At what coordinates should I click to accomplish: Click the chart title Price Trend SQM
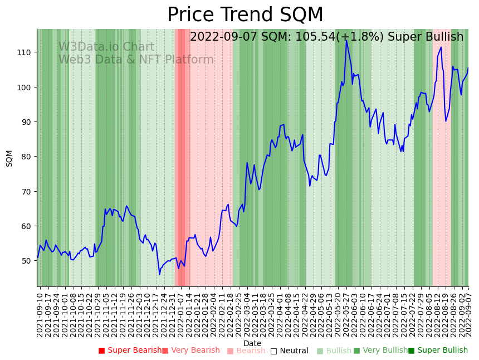pyautogui.click(x=245, y=15)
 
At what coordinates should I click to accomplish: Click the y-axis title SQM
pyautogui.click(x=9, y=158)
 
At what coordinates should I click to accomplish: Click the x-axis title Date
pyautogui.click(x=252, y=343)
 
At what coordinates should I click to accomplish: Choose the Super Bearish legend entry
pyautogui.click(x=130, y=351)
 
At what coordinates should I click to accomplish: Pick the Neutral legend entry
pyautogui.click(x=289, y=351)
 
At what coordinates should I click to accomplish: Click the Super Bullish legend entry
pyautogui.click(x=438, y=351)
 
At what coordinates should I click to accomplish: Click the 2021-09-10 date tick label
pyautogui.click(x=40, y=312)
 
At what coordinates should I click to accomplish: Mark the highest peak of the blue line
pyautogui.click(x=346, y=40)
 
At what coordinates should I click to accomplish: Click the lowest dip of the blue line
pyautogui.click(x=159, y=274)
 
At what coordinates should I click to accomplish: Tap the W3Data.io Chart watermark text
pyautogui.click(x=106, y=47)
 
